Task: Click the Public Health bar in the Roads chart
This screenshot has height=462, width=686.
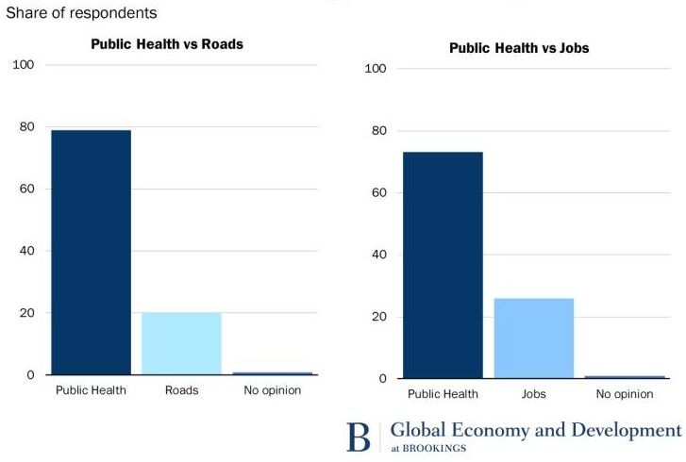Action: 91,252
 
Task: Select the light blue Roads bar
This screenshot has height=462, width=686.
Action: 181,343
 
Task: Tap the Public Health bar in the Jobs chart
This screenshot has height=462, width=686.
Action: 443,265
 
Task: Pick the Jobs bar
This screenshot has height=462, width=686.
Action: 533,338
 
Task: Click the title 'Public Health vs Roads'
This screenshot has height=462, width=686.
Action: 167,44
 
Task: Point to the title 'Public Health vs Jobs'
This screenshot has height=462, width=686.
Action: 519,48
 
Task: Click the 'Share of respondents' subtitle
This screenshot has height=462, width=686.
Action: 81,13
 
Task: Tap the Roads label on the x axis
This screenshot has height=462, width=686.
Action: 181,390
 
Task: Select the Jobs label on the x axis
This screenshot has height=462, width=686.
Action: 533,394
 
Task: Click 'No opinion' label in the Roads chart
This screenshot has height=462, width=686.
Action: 272,390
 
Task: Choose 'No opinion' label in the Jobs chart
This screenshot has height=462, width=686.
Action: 624,394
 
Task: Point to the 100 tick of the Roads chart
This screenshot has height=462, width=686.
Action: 23,65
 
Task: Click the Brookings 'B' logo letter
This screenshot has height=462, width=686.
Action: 360,437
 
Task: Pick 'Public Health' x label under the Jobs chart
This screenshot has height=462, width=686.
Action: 443,394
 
